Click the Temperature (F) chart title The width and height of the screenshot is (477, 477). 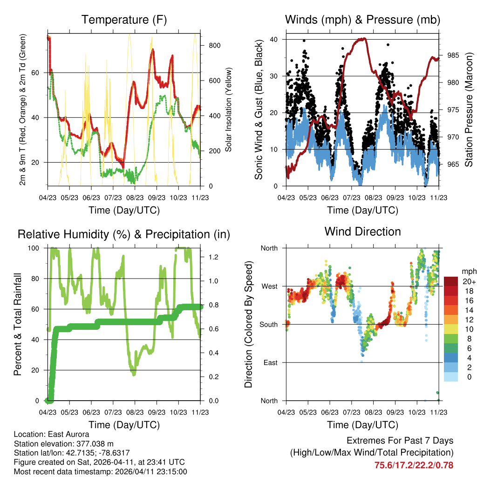(124, 20)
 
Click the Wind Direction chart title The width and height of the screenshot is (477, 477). (362, 232)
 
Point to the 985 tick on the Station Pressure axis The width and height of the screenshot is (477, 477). (453, 55)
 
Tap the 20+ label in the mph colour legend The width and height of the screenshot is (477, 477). (469, 281)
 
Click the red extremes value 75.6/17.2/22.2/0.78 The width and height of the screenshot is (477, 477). (414, 465)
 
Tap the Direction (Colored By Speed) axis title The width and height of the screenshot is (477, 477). (248, 324)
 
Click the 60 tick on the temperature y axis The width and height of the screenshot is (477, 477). (40, 73)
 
